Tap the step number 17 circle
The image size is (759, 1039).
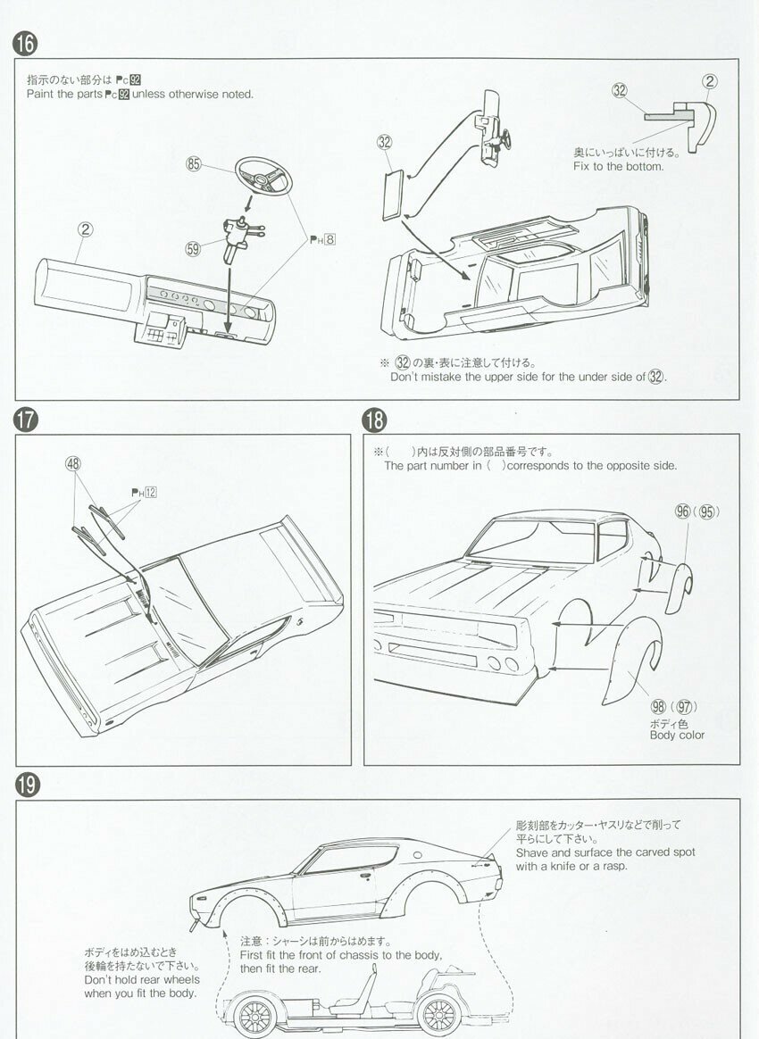tap(26, 420)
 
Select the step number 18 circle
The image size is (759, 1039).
tap(374, 420)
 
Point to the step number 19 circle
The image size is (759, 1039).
tap(26, 785)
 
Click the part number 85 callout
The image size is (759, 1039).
tap(194, 163)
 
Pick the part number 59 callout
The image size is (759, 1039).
tap(194, 250)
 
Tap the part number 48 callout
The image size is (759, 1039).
tap(73, 463)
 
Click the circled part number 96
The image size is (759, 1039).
tap(683, 512)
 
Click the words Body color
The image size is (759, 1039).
tap(677, 735)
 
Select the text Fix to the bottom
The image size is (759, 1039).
tap(618, 166)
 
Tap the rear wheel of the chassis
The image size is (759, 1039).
tap(438, 1015)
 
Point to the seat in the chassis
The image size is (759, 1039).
tap(361, 993)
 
